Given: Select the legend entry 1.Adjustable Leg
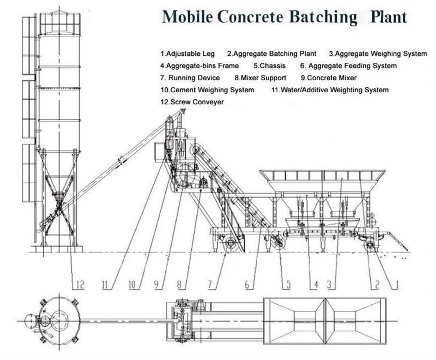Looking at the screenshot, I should click(x=187, y=54).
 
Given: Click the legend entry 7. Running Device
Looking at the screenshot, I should click(x=190, y=78).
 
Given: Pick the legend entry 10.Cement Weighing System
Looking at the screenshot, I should click(x=207, y=90).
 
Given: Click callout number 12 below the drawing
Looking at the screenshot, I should click(x=80, y=284).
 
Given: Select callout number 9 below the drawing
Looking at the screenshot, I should click(x=159, y=284).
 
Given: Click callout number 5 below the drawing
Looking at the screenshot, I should click(x=287, y=284).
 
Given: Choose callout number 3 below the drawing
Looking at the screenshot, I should click(x=330, y=284).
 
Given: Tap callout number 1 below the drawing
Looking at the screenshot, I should click(x=397, y=284).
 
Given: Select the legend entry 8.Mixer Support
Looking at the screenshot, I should click(x=260, y=78).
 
